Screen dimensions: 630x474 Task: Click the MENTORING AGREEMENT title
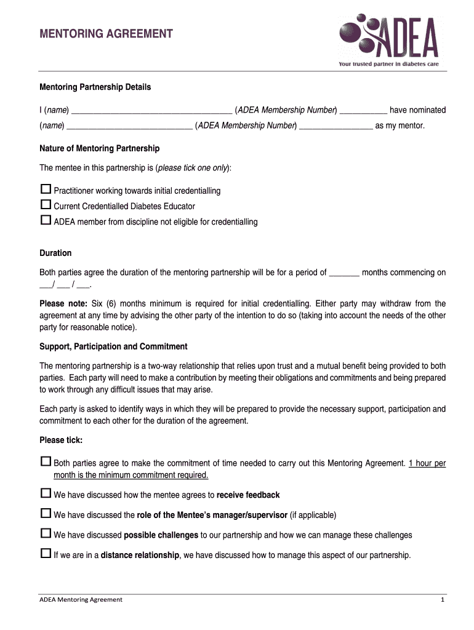[106, 34]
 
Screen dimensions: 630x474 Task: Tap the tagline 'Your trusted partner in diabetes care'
[388, 64]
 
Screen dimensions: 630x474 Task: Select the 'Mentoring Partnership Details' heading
[95, 87]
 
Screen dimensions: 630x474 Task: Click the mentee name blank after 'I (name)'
[151, 111]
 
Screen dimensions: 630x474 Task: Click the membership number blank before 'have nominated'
[363, 111]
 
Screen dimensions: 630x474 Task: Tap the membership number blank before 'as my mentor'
[336, 126]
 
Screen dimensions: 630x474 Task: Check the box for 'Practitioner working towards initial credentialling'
[45, 189]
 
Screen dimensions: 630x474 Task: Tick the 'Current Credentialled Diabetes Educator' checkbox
[45, 205]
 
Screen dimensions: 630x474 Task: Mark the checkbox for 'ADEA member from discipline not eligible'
[45, 220]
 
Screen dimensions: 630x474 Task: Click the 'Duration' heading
[55, 253]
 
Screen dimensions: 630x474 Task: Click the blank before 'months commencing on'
[345, 273]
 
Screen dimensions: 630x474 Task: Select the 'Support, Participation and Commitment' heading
[113, 346]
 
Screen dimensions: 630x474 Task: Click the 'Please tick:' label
[61, 440]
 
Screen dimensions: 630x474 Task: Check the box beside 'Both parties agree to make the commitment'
[45, 462]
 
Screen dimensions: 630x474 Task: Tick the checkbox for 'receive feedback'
[45, 493]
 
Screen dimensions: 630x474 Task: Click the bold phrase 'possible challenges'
[161, 535]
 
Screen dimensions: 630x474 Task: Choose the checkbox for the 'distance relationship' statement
[45, 554]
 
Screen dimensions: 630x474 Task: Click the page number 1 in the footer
[442, 600]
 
